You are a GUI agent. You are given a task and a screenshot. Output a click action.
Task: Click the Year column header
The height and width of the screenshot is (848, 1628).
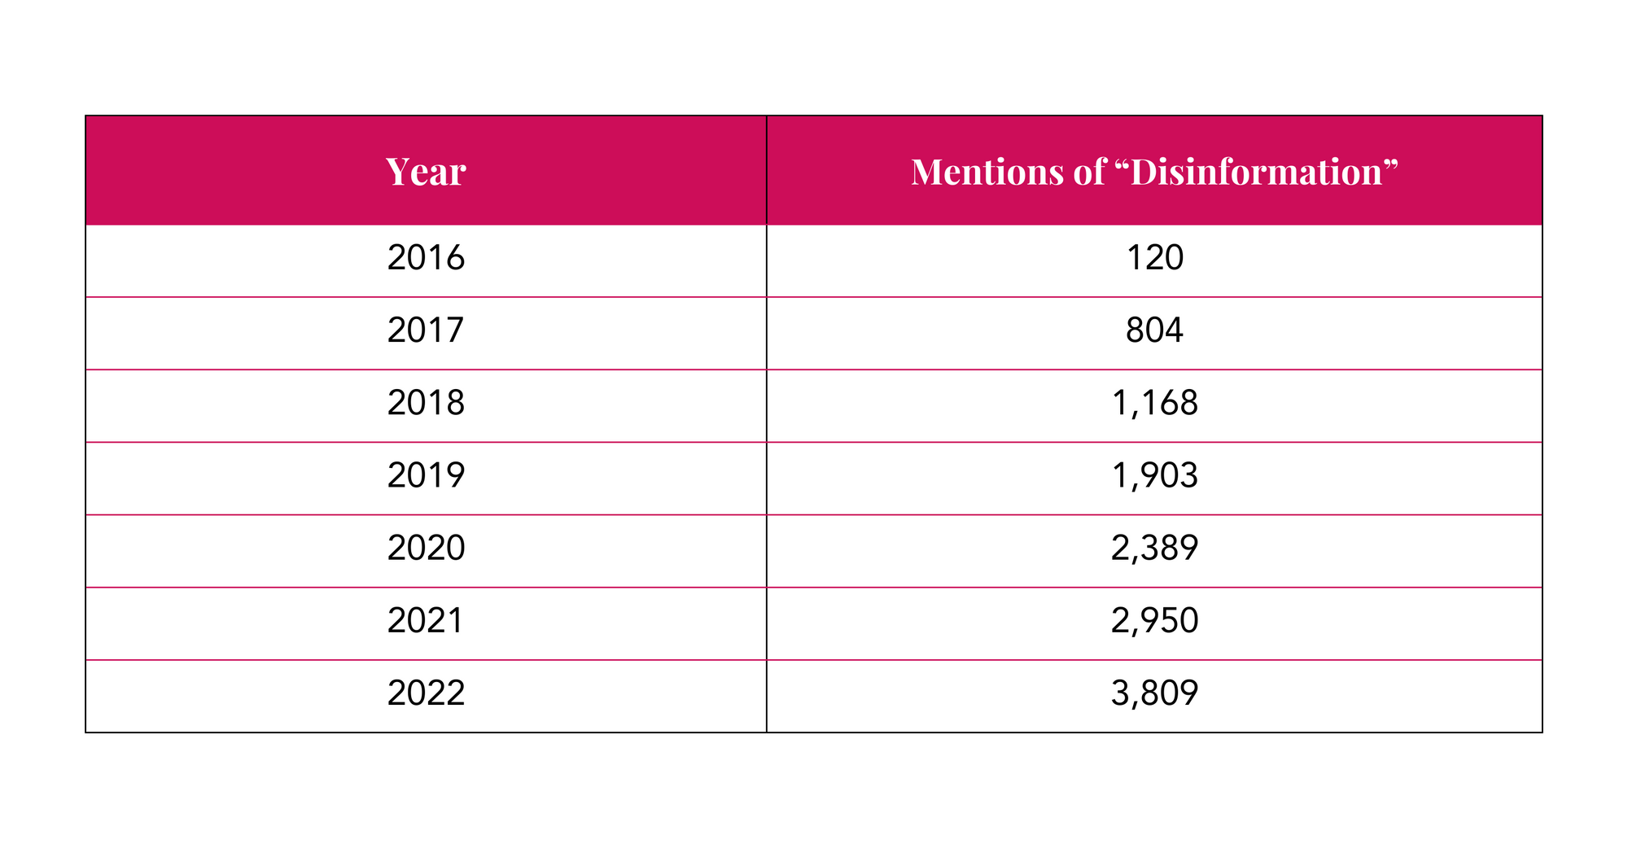426,172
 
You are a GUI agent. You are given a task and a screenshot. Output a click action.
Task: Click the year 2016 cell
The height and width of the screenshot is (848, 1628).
426,258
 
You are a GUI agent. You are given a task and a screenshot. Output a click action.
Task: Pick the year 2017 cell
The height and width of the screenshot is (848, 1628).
426,330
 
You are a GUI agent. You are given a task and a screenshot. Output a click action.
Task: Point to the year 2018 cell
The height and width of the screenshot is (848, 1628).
426,403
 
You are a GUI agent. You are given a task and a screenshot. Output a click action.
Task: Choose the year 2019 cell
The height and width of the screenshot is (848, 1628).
426,475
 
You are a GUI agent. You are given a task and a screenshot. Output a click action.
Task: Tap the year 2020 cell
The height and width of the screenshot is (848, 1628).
426,548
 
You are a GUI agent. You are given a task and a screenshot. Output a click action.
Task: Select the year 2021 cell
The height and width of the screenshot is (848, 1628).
426,621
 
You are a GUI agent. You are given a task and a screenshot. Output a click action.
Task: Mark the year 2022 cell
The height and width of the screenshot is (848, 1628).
426,693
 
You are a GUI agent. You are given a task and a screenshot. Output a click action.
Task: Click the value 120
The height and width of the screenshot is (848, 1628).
1154,258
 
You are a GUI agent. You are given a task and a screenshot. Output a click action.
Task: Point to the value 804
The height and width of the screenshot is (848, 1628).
1154,330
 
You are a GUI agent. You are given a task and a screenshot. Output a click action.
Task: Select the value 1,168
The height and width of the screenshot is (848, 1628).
1154,403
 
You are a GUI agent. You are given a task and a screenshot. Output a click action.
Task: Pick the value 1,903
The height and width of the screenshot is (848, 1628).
1154,475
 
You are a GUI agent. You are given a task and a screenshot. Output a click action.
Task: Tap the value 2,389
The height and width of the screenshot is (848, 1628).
1154,548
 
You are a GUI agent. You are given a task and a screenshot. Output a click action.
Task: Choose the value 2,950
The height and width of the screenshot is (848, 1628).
1154,621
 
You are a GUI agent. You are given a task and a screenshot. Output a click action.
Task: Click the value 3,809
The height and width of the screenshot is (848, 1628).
1154,693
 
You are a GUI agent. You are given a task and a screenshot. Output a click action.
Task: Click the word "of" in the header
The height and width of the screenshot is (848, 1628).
1089,172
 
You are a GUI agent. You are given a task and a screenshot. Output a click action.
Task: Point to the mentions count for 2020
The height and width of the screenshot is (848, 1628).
1154,548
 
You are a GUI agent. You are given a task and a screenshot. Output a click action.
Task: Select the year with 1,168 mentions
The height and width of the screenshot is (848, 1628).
426,403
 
